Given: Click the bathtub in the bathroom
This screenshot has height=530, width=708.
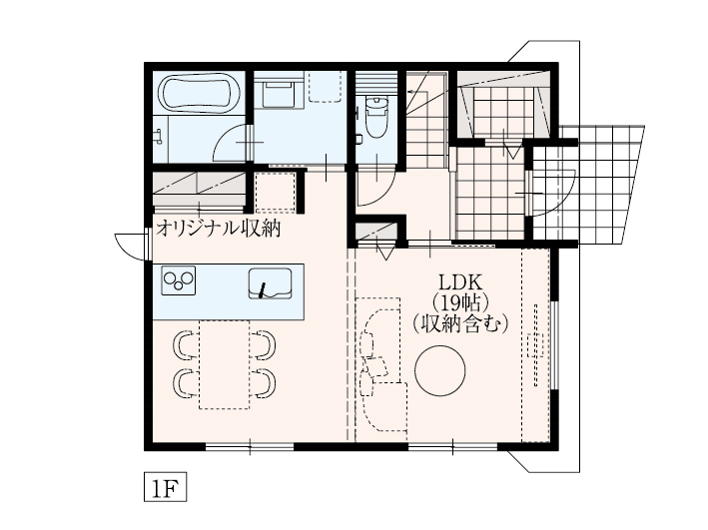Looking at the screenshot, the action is [199, 94].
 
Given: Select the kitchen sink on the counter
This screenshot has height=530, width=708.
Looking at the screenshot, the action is [270, 283].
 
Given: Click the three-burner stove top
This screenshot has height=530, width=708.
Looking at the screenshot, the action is [179, 280].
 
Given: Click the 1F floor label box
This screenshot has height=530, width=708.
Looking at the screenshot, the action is [165, 487].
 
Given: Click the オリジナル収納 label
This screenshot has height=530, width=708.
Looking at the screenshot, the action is [218, 229].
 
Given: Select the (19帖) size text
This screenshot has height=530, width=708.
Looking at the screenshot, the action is [460, 302].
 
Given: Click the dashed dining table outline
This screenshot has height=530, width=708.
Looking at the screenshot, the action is [225, 364].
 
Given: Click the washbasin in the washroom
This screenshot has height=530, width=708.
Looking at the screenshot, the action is [279, 93].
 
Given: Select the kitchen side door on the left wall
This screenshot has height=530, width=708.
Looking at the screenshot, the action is [132, 247].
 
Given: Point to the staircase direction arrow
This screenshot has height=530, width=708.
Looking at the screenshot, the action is [417, 92].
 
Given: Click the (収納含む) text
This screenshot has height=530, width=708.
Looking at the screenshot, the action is [460, 323].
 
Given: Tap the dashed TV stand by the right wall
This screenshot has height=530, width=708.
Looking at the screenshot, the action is [536, 345].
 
